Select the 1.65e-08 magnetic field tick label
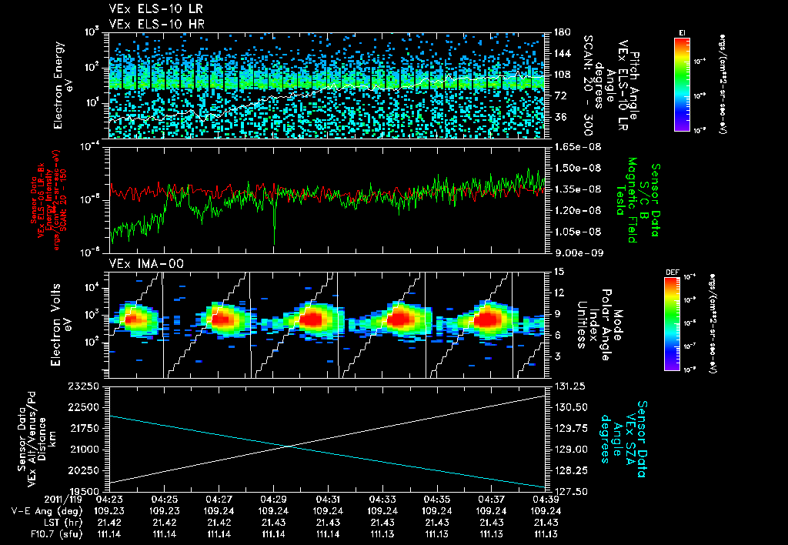(x=573, y=146)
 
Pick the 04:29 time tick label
(x=274, y=500)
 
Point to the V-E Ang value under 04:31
(x=328, y=510)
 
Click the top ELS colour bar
(x=682, y=82)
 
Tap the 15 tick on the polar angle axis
(x=558, y=271)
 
